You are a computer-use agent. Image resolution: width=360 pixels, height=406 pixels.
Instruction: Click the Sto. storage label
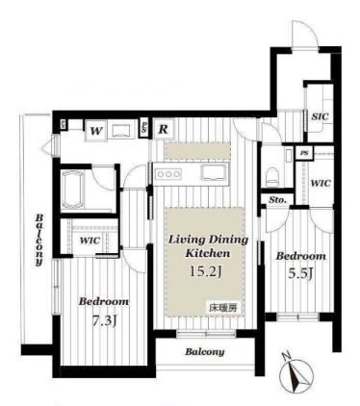tap(277, 200)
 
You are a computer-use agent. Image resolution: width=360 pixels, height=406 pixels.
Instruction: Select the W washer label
tap(97, 128)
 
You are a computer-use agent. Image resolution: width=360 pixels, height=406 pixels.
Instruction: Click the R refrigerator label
tap(165, 128)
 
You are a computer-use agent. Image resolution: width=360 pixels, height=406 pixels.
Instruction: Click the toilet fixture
tap(274, 173)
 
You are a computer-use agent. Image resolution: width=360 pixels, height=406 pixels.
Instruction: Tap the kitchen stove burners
tap(169, 173)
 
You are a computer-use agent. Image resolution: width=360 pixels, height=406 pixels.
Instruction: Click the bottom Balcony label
tap(205, 352)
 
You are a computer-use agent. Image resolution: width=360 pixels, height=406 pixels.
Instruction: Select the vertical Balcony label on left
tap(38, 238)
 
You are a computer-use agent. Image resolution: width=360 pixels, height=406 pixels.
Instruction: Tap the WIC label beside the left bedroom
tap(91, 240)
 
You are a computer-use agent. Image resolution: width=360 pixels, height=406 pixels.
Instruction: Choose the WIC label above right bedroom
tap(321, 183)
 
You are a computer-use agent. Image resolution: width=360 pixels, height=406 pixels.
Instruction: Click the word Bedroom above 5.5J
tap(301, 258)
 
